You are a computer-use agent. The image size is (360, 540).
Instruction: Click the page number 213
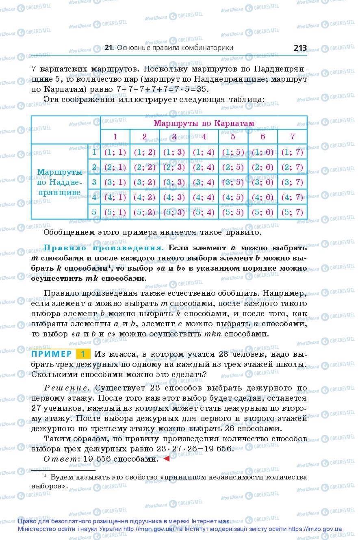[x=300, y=48]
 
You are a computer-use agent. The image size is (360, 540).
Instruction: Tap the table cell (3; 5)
[x=233, y=182]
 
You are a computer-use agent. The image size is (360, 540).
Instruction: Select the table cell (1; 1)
[x=115, y=152]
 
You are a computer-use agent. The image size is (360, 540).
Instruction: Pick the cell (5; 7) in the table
[x=292, y=212]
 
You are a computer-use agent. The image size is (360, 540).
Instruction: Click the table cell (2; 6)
[x=262, y=167]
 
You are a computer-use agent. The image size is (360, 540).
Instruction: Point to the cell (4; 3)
[x=174, y=197]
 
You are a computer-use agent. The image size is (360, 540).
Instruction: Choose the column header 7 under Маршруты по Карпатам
[x=292, y=137]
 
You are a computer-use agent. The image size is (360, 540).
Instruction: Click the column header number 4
[x=204, y=137]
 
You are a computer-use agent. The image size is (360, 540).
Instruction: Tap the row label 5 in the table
[x=94, y=212]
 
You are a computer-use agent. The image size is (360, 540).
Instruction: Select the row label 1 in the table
[x=94, y=152]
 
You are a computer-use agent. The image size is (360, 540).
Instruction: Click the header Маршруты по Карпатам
[x=204, y=123]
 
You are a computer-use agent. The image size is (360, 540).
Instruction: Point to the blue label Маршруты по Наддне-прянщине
[x=60, y=182]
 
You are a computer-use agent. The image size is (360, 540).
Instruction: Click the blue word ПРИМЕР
[x=52, y=353]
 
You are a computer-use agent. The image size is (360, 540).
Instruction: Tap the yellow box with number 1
[x=83, y=353]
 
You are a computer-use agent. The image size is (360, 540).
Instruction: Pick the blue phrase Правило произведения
[x=104, y=247]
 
